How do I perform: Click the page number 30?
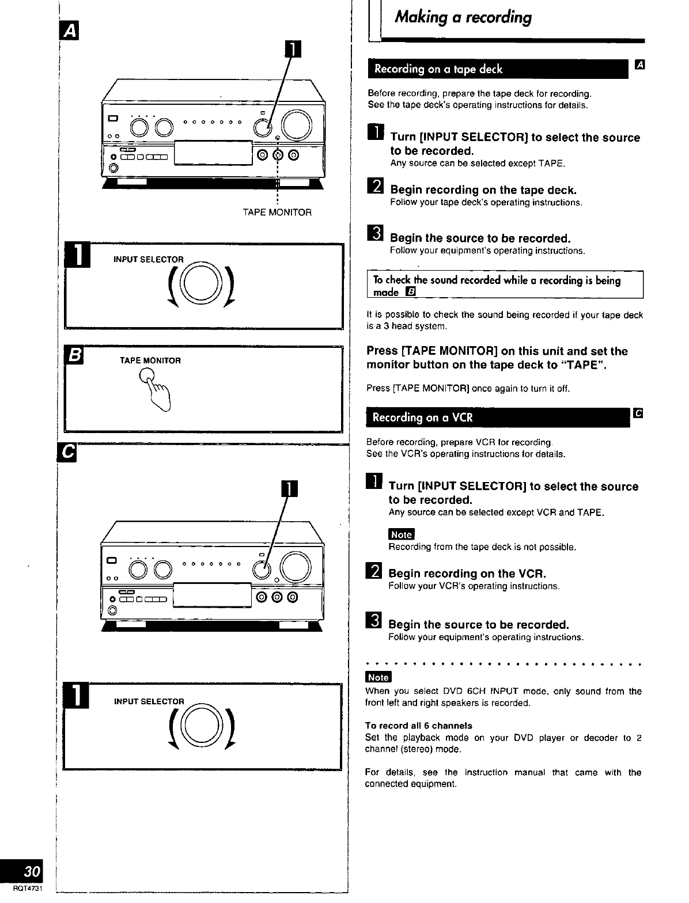(32, 871)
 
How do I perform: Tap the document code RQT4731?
(28, 888)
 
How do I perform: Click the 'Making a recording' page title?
(463, 17)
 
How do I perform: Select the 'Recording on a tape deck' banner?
(498, 69)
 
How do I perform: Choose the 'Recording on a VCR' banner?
(498, 418)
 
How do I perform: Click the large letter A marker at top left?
(69, 31)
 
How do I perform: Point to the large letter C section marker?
(67, 452)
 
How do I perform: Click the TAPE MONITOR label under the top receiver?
(277, 213)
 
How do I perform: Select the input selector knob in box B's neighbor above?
(201, 283)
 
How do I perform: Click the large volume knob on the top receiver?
(297, 125)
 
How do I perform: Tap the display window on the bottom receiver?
(212, 595)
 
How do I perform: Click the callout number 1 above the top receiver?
(293, 49)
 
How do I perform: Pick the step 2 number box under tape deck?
(375, 185)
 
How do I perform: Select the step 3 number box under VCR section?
(373, 620)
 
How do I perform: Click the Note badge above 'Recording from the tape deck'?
(402, 534)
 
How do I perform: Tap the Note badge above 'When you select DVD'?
(378, 677)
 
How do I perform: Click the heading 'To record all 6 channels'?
(418, 726)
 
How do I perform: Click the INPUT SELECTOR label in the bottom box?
(149, 701)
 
